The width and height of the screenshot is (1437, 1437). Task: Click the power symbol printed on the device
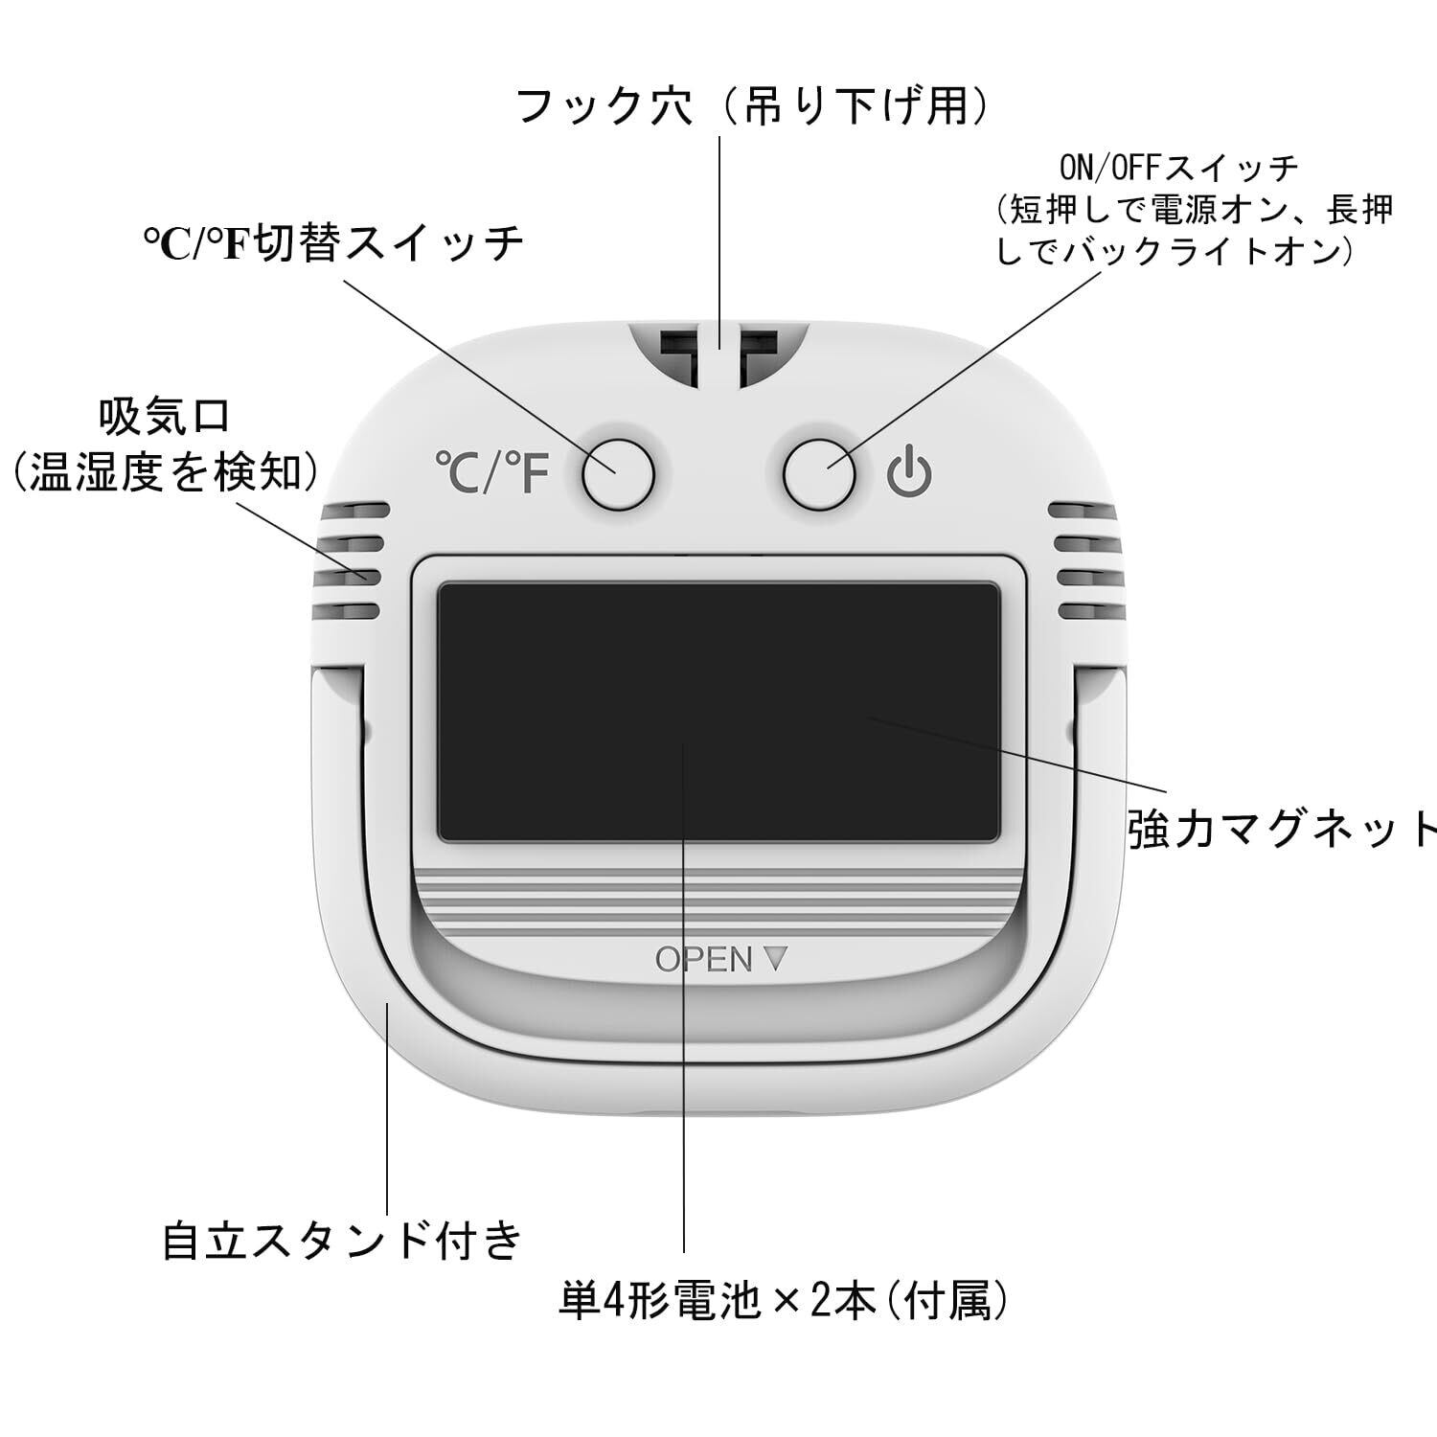[x=908, y=473]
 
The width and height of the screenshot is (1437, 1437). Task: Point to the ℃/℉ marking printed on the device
[x=492, y=473]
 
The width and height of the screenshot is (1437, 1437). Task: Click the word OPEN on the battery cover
[x=703, y=959]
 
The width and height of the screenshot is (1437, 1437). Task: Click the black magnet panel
[x=718, y=713]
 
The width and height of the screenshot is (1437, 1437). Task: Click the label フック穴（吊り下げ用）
[x=752, y=105]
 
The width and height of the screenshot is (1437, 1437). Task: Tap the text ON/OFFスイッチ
[x=1178, y=169]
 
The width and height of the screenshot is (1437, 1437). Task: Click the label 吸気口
[x=165, y=418]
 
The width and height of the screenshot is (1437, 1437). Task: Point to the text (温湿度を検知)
[x=165, y=472]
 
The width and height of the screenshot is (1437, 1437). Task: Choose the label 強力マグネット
[x=1282, y=830]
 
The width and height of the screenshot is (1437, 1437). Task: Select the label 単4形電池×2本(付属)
[x=783, y=1301]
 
